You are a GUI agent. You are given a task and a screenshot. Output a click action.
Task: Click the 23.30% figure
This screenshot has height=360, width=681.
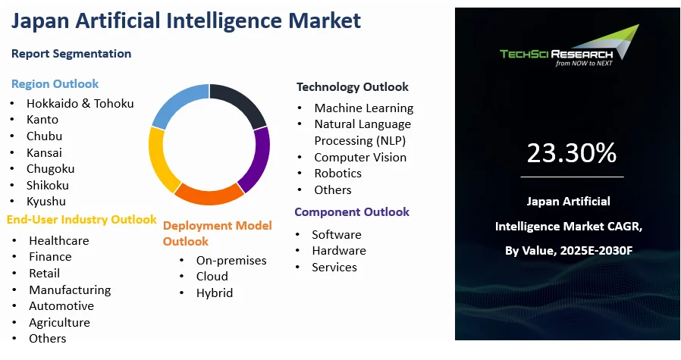[571, 154]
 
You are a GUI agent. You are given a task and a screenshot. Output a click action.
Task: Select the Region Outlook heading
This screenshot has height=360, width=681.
[55, 83]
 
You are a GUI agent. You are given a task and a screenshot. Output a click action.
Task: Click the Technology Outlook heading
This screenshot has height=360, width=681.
[352, 86]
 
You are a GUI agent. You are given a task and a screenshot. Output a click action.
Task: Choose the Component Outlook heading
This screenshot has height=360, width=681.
[351, 212]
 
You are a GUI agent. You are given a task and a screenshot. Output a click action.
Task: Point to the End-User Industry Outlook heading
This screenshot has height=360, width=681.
[81, 220]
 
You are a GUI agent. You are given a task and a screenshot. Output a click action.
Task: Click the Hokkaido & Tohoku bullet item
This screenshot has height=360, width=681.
[80, 103]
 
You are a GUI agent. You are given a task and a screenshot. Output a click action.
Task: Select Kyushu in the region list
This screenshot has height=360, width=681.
[46, 201]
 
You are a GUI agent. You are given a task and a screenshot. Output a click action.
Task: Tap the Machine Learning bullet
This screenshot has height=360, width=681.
[363, 108]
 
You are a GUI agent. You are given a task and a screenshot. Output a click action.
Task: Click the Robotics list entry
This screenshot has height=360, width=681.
[337, 173]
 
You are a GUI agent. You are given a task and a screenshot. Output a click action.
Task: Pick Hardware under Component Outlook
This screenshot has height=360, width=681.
[338, 250]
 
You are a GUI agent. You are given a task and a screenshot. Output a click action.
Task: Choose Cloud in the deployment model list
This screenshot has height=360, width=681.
[212, 277]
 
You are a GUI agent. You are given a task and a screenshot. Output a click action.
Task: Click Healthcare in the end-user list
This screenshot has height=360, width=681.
[58, 240]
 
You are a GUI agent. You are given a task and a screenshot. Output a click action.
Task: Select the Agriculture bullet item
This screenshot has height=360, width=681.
[59, 322]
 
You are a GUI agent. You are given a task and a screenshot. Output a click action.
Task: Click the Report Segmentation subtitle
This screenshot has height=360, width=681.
[71, 54]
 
